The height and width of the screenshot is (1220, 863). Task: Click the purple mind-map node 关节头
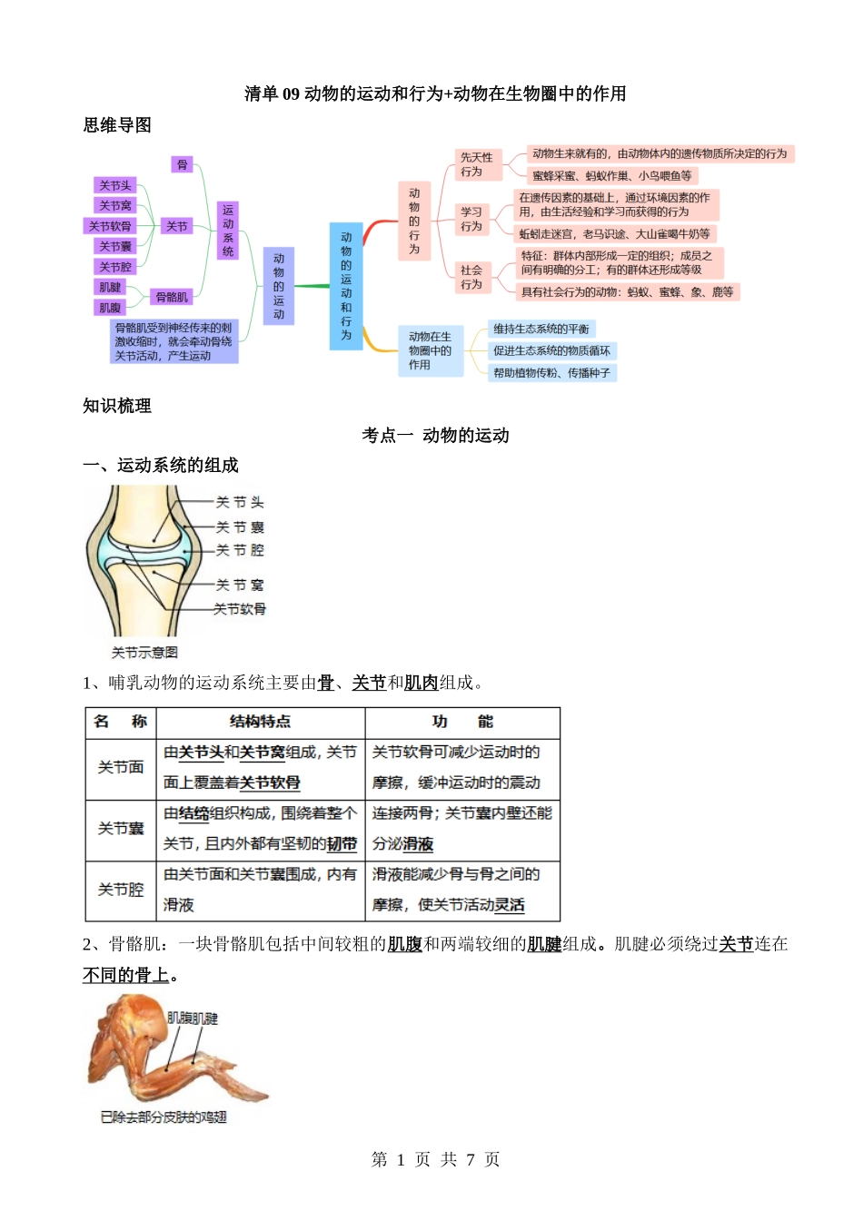point(114,186)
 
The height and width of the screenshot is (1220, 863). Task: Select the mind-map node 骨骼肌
point(172,297)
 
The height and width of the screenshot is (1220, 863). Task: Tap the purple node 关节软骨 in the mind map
point(110,226)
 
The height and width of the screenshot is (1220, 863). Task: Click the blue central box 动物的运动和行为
point(346,286)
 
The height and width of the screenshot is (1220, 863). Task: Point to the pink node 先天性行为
point(477,164)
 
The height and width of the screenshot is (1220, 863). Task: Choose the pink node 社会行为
point(471,277)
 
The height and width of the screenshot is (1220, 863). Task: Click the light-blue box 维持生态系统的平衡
point(541,329)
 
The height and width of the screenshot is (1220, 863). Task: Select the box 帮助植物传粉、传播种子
point(551,372)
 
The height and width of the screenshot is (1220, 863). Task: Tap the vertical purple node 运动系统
point(227,231)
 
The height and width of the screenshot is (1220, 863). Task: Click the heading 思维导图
point(117,125)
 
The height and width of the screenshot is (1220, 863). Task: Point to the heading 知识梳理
point(117,406)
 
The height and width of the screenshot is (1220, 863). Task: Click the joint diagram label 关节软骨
point(240,609)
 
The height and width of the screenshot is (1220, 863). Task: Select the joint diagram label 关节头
point(240,502)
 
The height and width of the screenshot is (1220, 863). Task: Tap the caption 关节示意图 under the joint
point(144,653)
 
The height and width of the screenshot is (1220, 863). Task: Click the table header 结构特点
point(261,722)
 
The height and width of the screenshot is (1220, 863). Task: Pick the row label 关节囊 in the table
point(121,829)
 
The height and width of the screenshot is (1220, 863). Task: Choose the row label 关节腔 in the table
point(121,890)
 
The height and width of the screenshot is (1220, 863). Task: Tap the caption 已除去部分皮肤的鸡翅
point(164,1117)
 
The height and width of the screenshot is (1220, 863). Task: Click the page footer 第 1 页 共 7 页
point(435,1159)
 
